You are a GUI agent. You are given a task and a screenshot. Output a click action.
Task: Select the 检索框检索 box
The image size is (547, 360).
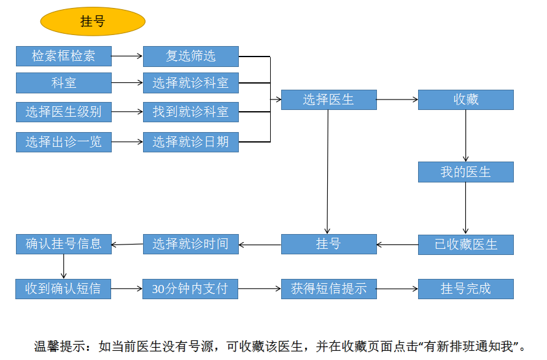64,57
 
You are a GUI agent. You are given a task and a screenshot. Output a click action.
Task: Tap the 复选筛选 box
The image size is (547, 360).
191,57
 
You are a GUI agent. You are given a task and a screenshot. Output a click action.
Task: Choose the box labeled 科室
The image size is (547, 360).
64,82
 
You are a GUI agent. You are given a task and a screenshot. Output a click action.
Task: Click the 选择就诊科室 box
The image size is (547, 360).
191,82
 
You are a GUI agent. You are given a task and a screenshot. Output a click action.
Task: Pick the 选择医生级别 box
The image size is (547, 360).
64,112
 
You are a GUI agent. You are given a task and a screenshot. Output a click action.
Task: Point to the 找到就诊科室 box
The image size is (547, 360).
191,112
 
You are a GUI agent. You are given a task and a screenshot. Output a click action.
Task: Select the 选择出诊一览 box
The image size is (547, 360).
64,142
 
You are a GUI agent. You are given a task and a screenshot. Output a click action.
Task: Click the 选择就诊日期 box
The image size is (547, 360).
191,142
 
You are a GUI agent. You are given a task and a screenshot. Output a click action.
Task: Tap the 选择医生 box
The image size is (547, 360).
328,100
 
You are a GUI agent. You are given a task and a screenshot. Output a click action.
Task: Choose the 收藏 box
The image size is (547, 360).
465,100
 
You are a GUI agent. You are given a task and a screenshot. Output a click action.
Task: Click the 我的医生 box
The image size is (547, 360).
465,172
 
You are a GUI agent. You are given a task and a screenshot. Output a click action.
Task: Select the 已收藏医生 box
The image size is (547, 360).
465,245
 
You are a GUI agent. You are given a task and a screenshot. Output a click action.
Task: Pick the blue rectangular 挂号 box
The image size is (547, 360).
328,245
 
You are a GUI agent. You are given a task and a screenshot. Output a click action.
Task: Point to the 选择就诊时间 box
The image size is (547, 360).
191,244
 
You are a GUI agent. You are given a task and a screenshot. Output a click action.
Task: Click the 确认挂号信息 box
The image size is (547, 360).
64,244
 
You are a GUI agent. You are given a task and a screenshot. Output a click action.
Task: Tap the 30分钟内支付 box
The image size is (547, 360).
191,289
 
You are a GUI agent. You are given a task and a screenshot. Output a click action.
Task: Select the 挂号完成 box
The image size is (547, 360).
465,289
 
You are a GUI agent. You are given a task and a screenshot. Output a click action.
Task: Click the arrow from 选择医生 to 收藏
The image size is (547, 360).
397,100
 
